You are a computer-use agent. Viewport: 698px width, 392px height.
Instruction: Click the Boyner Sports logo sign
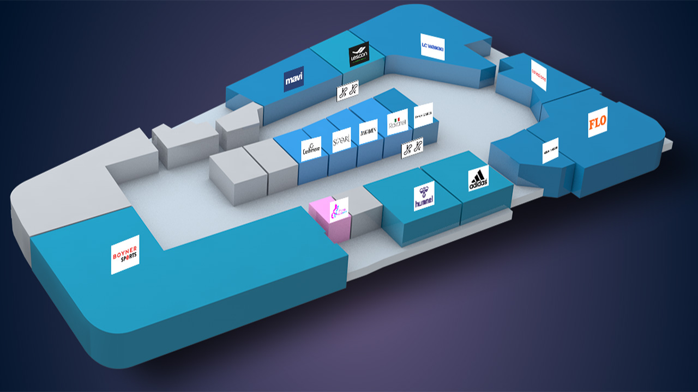(125, 254)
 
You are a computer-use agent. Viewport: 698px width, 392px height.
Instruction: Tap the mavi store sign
(294, 79)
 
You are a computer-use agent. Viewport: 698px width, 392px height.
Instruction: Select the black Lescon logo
(359, 54)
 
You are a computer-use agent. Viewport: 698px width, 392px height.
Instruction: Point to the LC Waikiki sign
(432, 47)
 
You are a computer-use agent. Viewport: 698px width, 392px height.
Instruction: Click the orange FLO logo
(598, 122)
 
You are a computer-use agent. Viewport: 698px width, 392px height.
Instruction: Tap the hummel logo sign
(424, 196)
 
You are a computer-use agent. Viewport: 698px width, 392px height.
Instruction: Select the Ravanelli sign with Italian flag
(397, 125)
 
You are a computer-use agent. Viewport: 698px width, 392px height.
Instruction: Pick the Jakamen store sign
(368, 131)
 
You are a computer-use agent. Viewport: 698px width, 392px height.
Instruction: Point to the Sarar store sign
(341, 139)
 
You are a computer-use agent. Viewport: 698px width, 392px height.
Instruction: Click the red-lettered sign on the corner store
(538, 75)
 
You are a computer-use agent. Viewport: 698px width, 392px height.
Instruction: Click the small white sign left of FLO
(550, 150)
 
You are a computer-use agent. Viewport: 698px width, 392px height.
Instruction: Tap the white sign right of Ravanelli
(423, 115)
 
